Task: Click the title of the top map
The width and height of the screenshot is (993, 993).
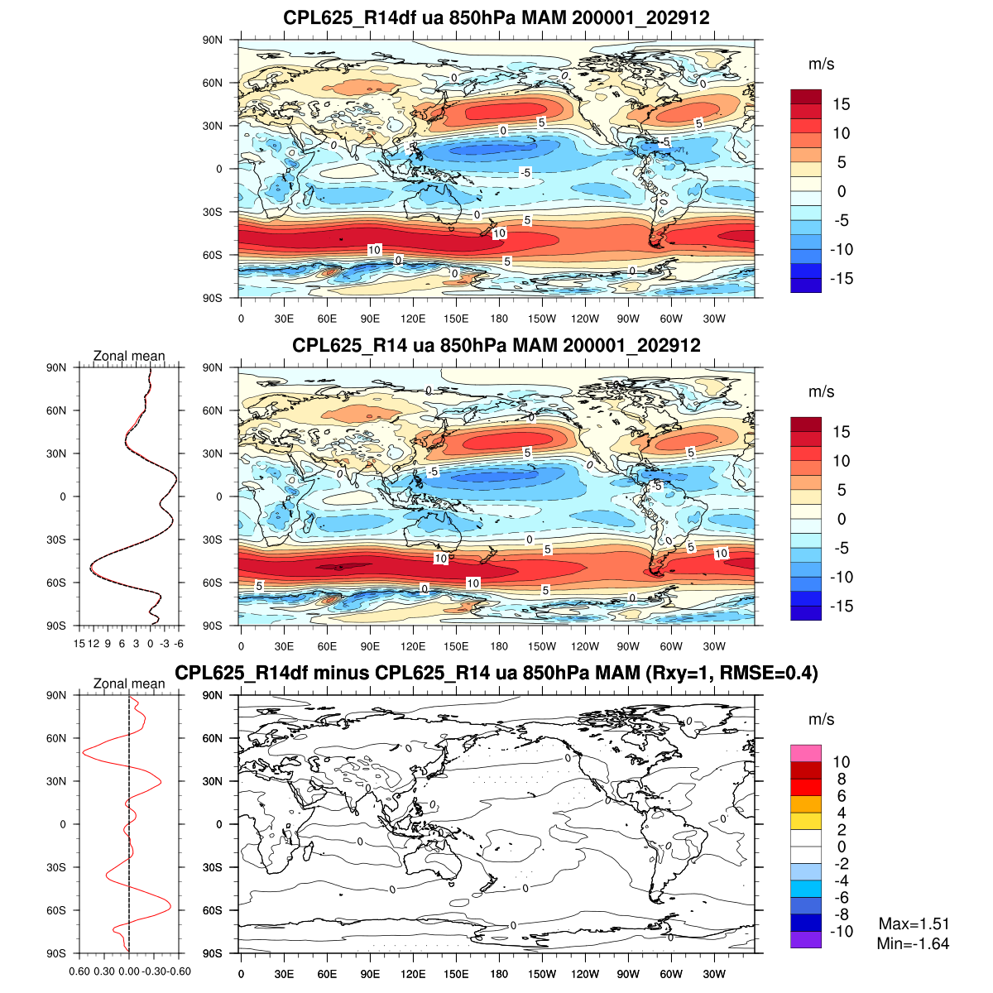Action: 496,17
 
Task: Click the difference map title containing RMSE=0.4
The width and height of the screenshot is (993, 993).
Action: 496,673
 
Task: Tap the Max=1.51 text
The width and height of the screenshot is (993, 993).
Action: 914,924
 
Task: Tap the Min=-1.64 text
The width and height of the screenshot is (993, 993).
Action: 913,943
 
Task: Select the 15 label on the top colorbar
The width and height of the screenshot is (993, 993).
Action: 842,104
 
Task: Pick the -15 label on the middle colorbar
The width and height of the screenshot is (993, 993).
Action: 842,606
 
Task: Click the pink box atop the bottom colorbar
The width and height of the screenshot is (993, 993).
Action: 806,753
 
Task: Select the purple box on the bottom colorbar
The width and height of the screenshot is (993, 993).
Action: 806,940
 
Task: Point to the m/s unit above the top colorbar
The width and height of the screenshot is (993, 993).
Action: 821,64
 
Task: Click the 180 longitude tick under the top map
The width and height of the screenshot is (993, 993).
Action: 499,319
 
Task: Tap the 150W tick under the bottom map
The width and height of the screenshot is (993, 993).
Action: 542,974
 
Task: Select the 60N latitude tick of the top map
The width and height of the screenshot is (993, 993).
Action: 213,83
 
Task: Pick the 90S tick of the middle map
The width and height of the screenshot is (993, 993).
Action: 213,626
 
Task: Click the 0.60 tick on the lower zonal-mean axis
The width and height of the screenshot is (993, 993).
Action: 80,971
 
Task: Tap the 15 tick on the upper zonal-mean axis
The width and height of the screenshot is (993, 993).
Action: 79,643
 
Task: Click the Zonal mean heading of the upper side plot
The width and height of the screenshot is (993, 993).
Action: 129,356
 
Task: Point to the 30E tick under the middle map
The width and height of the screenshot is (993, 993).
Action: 284,646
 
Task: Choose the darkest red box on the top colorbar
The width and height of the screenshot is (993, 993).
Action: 806,96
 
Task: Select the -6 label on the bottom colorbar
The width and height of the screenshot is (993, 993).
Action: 841,898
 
